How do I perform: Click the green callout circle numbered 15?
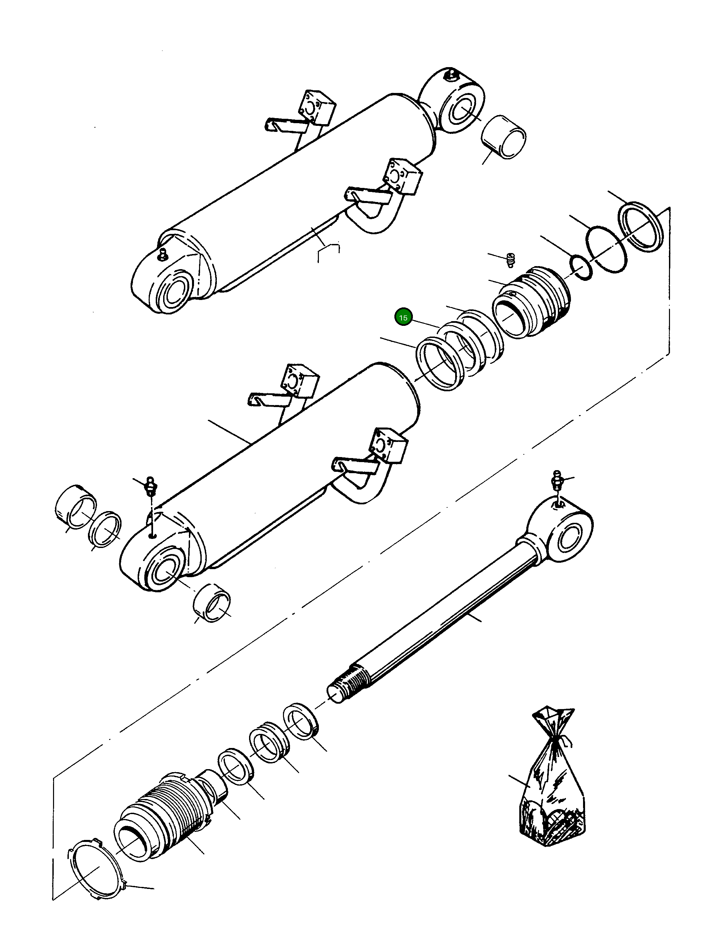click(403, 318)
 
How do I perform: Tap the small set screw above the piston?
click(510, 260)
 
